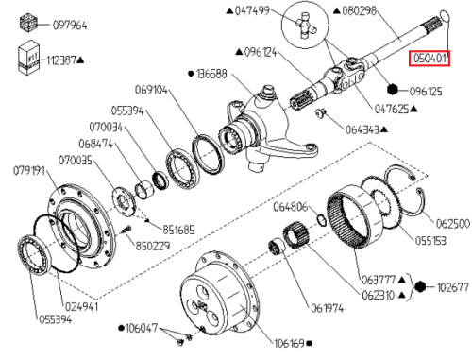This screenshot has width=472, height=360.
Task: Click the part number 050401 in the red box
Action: [x=430, y=59]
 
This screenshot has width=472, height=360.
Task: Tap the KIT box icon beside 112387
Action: [x=29, y=58]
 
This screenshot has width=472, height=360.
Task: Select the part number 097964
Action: [x=70, y=25]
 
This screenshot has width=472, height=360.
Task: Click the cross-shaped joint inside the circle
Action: [x=306, y=26]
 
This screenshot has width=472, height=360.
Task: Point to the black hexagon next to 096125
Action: [x=393, y=90]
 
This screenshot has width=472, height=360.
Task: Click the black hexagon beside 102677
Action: [x=420, y=287]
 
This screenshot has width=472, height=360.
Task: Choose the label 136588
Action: [x=211, y=74]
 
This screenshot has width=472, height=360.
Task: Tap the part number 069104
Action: [x=151, y=90]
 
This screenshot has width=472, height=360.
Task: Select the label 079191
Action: [x=29, y=171]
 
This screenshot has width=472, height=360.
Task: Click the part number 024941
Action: [x=81, y=306]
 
